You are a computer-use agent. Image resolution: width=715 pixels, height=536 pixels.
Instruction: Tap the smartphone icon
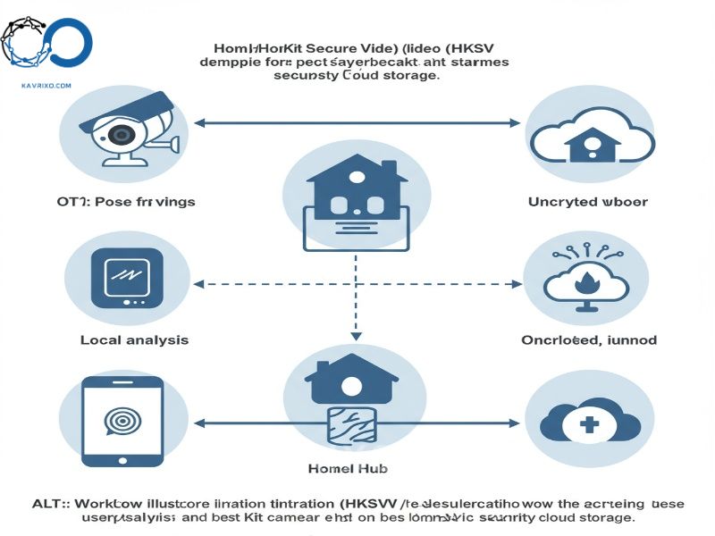(122, 421)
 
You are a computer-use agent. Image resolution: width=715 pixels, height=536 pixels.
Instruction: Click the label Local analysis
(134, 340)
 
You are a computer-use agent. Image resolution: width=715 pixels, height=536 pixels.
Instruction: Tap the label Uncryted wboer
(588, 202)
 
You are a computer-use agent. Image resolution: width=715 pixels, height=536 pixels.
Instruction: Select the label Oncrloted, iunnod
(588, 340)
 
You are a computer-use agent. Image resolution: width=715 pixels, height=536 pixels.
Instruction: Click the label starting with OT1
(125, 202)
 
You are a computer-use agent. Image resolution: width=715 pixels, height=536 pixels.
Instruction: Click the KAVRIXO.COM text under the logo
(45, 86)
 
